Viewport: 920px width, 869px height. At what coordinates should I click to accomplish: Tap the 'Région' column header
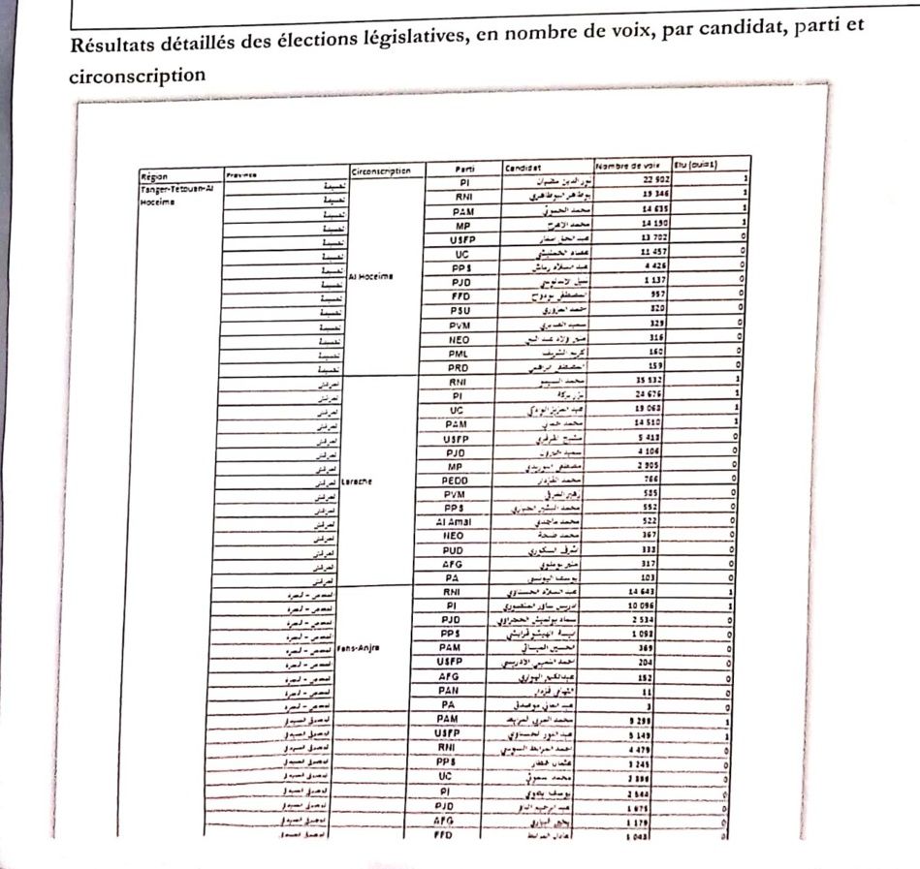click(x=151, y=177)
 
